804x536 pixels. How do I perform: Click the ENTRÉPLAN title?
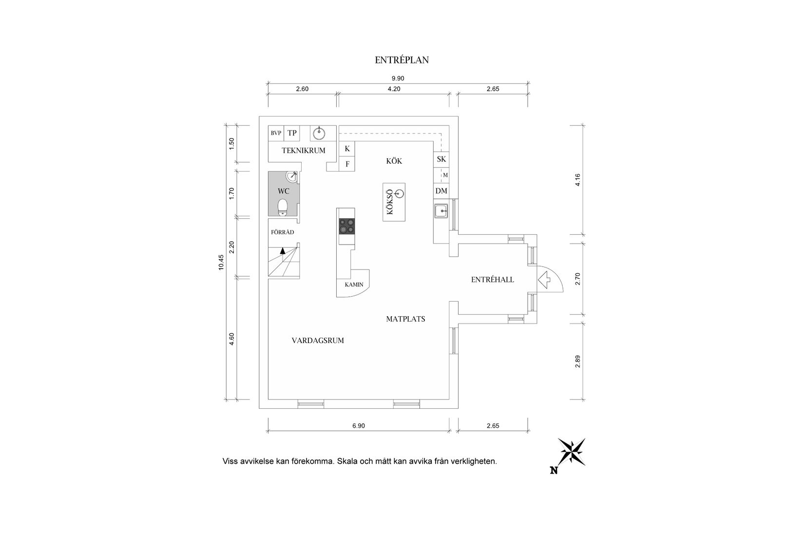click(x=402, y=60)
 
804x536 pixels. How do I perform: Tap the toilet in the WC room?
click(x=283, y=207)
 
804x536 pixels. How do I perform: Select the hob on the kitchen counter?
click(x=347, y=227)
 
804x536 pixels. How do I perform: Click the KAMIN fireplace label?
click(x=354, y=285)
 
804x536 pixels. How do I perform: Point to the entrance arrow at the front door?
click(x=544, y=279)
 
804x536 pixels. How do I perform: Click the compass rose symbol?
click(x=571, y=452)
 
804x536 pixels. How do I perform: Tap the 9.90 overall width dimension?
click(x=398, y=78)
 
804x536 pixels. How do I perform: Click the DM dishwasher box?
click(x=441, y=191)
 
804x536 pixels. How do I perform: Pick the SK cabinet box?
click(x=441, y=159)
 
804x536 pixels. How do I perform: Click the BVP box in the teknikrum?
click(x=276, y=133)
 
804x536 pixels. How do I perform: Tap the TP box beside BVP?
click(x=292, y=133)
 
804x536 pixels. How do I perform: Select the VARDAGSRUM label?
click(x=318, y=341)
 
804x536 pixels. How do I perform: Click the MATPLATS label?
click(x=405, y=319)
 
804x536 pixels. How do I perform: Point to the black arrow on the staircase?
click(x=283, y=250)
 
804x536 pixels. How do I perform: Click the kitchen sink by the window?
click(x=441, y=211)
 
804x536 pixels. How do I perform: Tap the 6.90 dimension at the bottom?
click(x=359, y=425)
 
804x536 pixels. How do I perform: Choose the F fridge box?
click(x=347, y=164)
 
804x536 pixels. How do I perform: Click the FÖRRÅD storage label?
click(x=283, y=232)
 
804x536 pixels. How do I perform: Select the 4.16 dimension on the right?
click(x=578, y=180)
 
